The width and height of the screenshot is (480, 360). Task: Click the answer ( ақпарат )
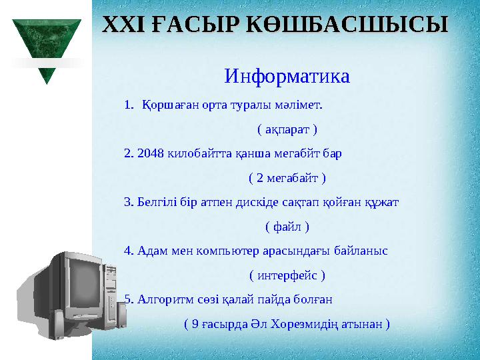[x=287, y=129]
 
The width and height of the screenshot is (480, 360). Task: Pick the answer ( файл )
[x=287, y=227]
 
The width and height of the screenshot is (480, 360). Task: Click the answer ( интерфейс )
[x=287, y=275]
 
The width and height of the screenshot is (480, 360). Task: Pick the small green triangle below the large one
[x=47, y=75]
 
